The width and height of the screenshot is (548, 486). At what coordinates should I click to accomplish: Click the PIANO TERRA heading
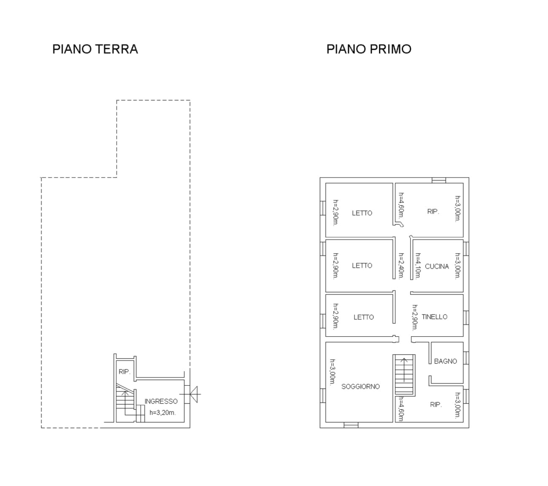95,49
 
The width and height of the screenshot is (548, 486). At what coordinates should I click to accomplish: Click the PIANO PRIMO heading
369,49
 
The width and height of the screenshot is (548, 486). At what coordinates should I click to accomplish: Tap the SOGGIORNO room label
360,386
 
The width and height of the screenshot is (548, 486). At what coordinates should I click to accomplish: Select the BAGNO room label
445,361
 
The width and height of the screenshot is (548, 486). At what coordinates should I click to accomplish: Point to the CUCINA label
437,267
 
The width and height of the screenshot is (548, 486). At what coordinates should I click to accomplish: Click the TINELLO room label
434,317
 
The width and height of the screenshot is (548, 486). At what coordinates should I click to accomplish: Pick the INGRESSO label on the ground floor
161,401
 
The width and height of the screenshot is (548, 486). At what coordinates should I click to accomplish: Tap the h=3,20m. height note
163,413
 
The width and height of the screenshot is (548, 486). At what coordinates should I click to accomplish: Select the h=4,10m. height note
418,265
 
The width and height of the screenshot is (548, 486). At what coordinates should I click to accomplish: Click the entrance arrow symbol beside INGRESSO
193,394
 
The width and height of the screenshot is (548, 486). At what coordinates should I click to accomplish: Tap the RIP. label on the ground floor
124,372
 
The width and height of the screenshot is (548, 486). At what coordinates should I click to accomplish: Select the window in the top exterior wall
438,180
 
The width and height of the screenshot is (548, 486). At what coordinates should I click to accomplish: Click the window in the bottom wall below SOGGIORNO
351,425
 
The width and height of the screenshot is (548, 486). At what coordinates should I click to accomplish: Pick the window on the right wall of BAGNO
466,358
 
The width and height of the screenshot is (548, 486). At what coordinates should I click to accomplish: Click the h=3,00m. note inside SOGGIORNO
333,372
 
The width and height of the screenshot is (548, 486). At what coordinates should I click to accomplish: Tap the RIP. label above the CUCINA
433,211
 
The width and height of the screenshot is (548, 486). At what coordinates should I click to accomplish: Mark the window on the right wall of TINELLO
466,318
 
